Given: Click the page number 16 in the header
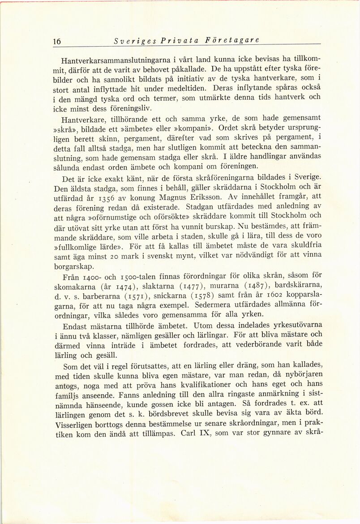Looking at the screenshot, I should coord(57,41).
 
